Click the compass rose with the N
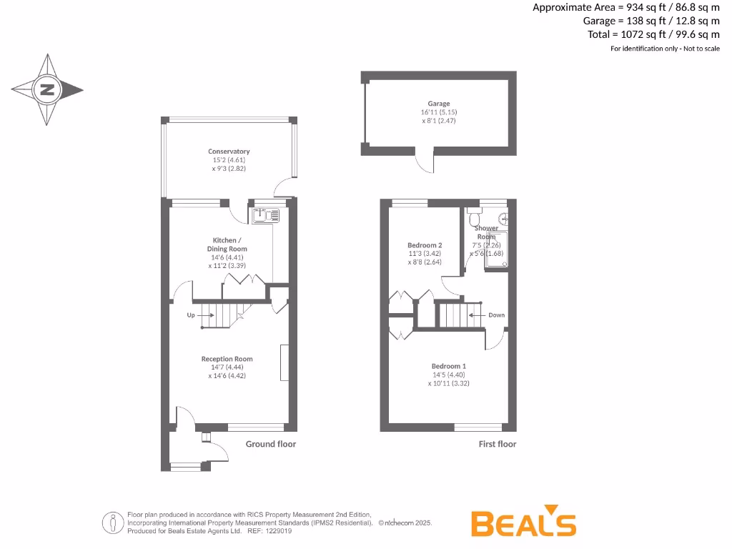tap(47, 90)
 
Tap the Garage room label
tap(439, 104)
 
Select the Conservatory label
tap(229, 152)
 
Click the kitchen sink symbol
tap(262, 214)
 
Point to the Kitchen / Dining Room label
tap(227, 244)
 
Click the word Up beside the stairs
tap(191, 315)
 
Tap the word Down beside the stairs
tap(496, 315)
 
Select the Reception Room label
tap(227, 359)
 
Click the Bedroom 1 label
tap(449, 366)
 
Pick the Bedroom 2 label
tap(425, 245)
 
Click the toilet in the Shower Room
tap(475, 216)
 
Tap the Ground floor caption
tap(271, 444)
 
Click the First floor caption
tap(498, 444)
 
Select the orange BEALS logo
tap(524, 524)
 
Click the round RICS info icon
tap(113, 523)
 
